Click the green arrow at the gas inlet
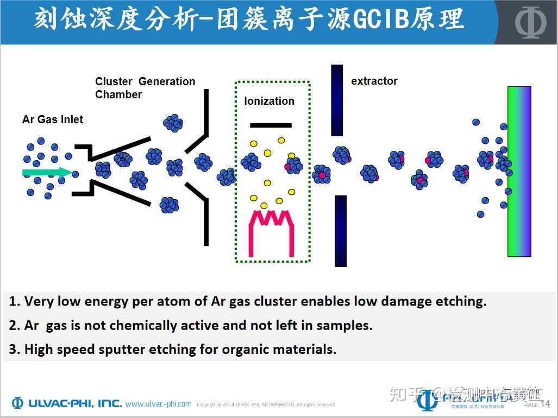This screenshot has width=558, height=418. pyautogui.click(x=46, y=173)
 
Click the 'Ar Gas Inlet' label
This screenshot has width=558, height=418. pyautogui.click(x=53, y=119)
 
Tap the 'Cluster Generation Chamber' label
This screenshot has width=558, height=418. pyautogui.click(x=145, y=88)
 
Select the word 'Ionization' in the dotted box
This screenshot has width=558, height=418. pyautogui.click(x=269, y=101)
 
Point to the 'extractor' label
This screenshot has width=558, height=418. pyautogui.click(x=374, y=81)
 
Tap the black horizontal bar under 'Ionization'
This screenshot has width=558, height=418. pyautogui.click(x=270, y=125)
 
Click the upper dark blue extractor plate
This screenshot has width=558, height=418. pyautogui.click(x=337, y=100)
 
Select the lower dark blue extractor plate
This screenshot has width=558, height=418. pyautogui.click(x=340, y=231)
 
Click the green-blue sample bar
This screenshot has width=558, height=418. pyautogui.click(x=519, y=171)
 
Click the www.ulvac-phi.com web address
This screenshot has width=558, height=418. pyautogui.click(x=158, y=404)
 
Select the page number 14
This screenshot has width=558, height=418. pyautogui.click(x=545, y=403)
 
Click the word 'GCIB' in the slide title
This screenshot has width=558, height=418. pyautogui.click(x=379, y=19)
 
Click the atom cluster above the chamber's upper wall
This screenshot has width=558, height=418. pyautogui.click(x=173, y=123)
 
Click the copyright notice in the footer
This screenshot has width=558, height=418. pyautogui.click(x=266, y=404)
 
